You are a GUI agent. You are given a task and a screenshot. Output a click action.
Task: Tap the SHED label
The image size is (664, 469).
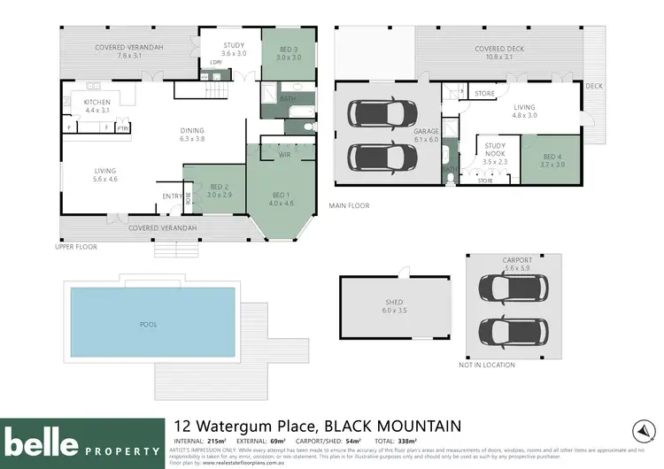click(x=392, y=305)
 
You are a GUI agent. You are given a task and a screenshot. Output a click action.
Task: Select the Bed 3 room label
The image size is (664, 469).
click(x=286, y=52)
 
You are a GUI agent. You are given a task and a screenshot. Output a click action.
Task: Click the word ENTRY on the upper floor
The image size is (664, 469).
click(x=171, y=196)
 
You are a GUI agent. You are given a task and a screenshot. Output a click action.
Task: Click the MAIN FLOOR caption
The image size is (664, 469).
click(x=349, y=206)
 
